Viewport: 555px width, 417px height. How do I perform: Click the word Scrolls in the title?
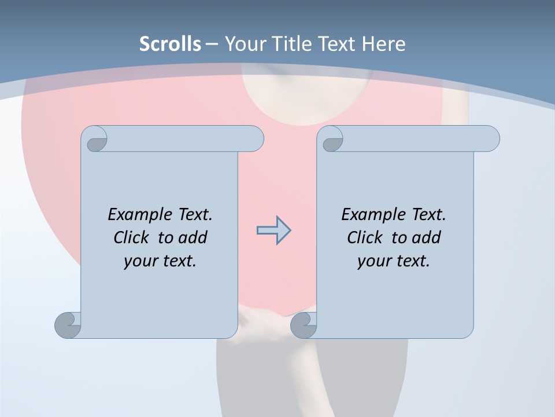(170, 44)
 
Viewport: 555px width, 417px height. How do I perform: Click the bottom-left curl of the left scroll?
(68, 325)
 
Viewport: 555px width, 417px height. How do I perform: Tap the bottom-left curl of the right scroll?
(304, 325)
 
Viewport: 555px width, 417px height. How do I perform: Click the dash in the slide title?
(212, 44)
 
